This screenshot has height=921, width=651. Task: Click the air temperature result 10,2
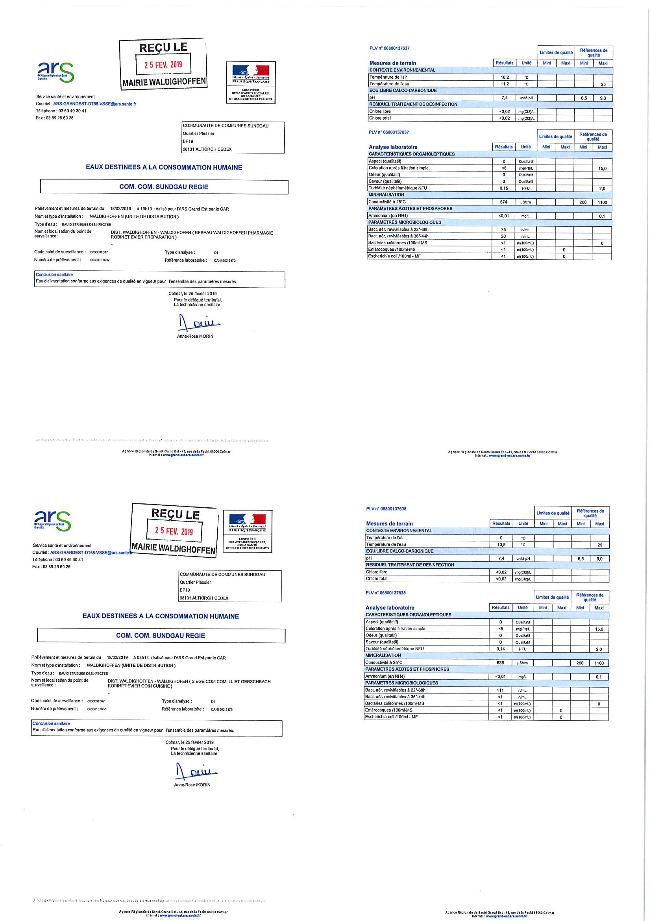(505, 77)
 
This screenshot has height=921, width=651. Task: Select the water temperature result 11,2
(505, 84)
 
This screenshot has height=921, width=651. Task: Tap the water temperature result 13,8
(501, 544)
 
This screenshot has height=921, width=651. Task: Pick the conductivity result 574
(503, 202)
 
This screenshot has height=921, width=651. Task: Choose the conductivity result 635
(500, 663)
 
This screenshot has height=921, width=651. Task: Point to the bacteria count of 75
(503, 229)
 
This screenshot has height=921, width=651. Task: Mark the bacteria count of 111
(500, 690)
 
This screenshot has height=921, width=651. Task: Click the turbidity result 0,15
(503, 188)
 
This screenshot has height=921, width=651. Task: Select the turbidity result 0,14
(500, 649)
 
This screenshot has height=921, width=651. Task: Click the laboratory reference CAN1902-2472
(225, 260)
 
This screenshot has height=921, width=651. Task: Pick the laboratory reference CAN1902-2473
(222, 709)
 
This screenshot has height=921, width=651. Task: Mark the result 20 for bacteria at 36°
(503, 236)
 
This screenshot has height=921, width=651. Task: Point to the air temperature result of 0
(501, 538)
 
